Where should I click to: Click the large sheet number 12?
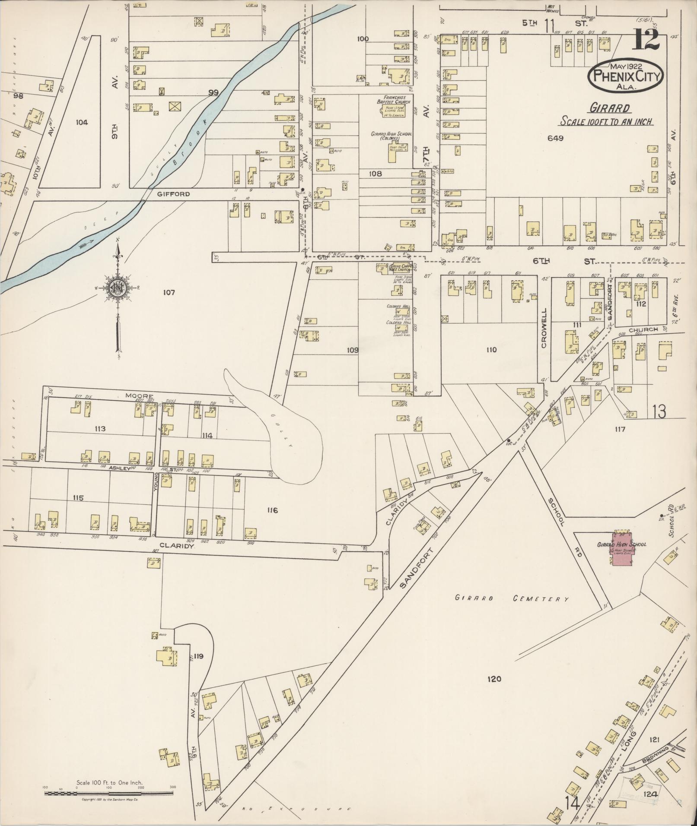(646, 40)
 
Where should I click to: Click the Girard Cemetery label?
(512, 599)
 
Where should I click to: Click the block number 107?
(169, 293)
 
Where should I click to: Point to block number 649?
(555, 138)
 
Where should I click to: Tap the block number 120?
(494, 679)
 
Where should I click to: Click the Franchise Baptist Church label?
(390, 100)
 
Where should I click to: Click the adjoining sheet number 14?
(572, 803)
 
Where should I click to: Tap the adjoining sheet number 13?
(659, 412)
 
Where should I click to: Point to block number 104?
(81, 123)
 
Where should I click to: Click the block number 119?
(199, 657)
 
